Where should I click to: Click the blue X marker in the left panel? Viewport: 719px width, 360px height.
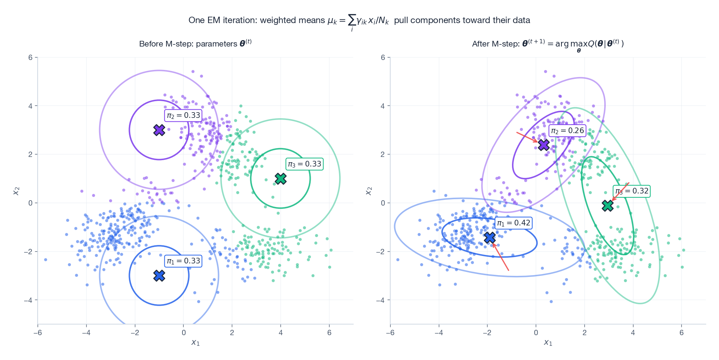(x=159, y=276)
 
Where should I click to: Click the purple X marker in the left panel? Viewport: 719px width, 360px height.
(x=159, y=130)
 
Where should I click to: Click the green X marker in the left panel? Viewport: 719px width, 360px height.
(x=280, y=179)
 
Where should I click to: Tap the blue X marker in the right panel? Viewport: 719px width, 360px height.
(x=490, y=238)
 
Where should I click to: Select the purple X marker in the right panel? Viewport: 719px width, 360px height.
(x=544, y=145)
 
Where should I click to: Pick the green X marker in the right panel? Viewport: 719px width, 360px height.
(x=608, y=206)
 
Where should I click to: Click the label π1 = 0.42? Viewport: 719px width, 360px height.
(x=513, y=223)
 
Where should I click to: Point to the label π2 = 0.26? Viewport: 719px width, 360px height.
(x=567, y=131)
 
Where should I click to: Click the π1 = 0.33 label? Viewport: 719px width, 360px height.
(x=184, y=261)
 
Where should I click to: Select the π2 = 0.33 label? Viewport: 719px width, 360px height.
(x=184, y=115)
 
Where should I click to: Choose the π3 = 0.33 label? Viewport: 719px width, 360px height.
(x=305, y=164)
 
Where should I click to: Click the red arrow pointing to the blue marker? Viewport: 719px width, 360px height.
(x=501, y=257)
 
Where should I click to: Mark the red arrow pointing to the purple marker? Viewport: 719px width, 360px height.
(x=527, y=137)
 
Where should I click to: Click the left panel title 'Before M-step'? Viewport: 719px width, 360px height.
(x=195, y=44)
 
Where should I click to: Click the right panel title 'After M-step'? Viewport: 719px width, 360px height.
(x=548, y=44)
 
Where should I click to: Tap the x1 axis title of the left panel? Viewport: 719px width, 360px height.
(x=195, y=342)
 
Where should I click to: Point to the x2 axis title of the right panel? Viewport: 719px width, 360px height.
(x=369, y=191)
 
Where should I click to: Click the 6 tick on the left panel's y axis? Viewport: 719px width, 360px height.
(x=31, y=58)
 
